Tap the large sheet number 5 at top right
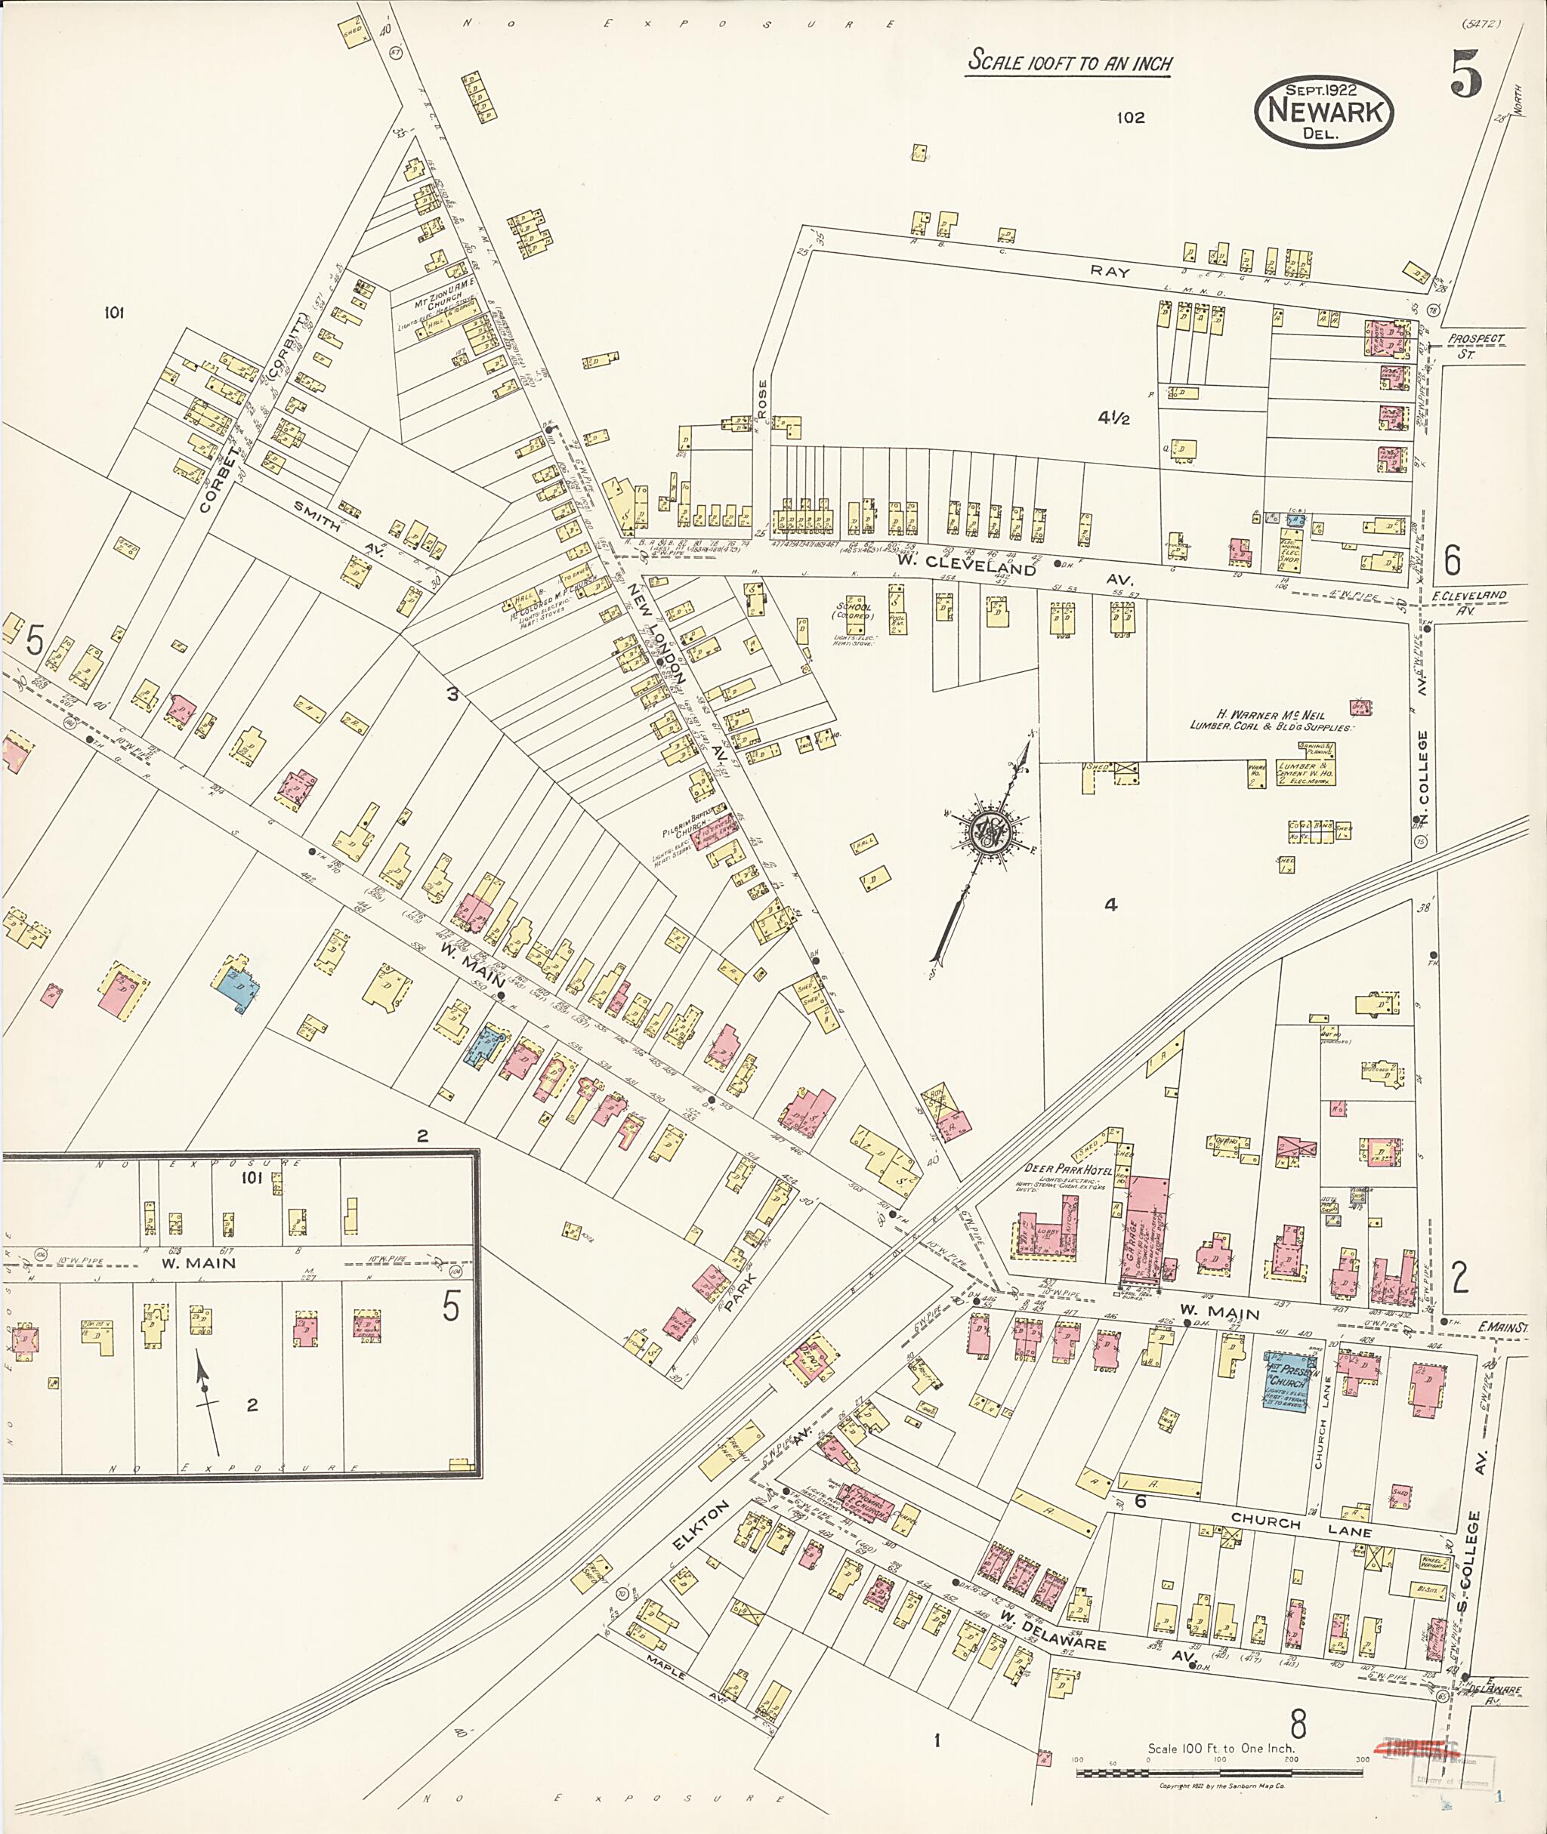point(1466,74)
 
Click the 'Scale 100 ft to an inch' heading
point(1069,62)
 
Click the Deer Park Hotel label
point(1068,1170)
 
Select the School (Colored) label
point(854,611)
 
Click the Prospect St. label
point(1476,344)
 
